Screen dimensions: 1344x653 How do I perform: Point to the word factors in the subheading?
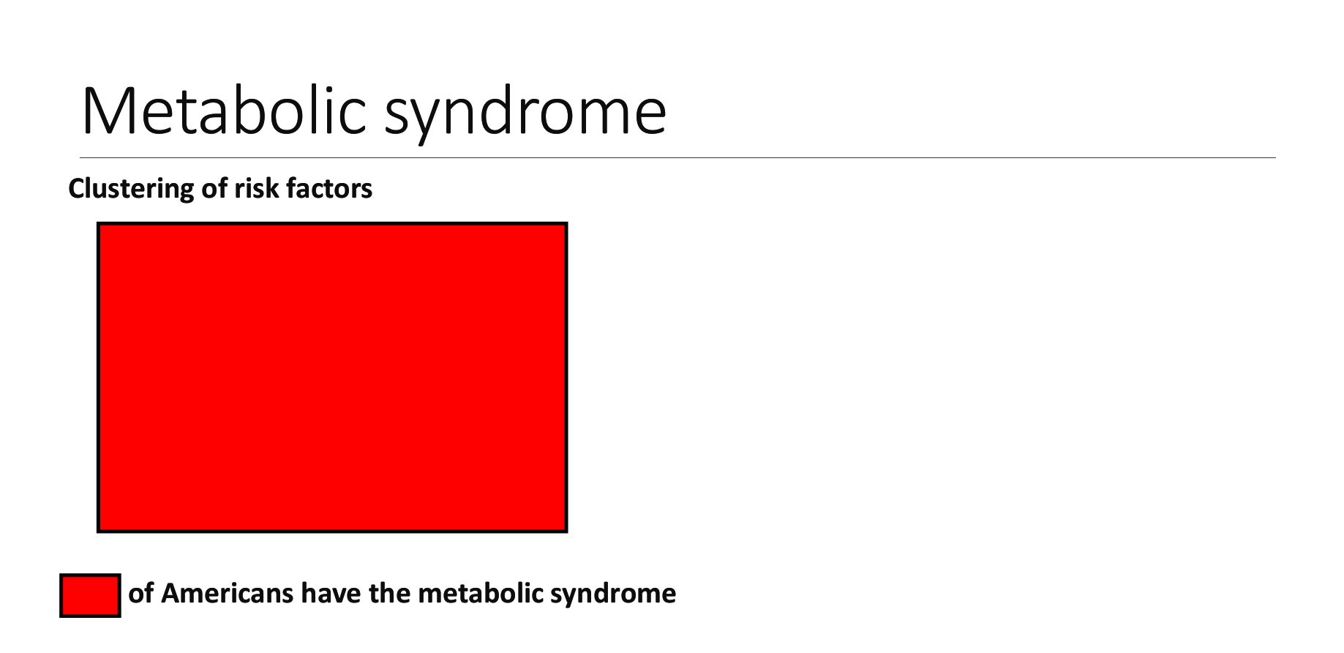[329, 188]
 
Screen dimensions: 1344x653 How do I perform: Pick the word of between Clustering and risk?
[215, 188]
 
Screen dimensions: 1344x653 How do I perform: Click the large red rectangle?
[332, 377]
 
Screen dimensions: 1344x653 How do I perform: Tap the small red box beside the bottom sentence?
[90, 595]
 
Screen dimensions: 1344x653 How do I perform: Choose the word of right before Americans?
[141, 593]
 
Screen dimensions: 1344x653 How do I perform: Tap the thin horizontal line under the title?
[677, 157]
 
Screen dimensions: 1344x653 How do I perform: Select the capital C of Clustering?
[77, 189]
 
